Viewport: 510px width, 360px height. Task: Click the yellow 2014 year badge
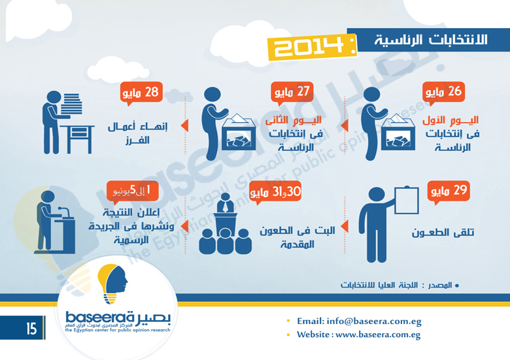coord(312,48)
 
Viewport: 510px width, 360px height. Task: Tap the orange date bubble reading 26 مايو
coord(443,93)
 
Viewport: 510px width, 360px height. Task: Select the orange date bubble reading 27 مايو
coord(292,93)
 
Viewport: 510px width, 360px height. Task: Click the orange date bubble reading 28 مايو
coord(141,93)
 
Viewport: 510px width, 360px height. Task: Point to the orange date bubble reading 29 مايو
coord(448,191)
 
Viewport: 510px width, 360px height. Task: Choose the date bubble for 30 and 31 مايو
coord(275,191)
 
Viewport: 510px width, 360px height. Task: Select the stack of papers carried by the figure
coord(71,104)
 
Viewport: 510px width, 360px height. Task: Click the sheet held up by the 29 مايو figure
coord(407,200)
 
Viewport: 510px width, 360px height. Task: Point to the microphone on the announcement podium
coord(64,212)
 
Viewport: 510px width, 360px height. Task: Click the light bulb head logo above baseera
coord(112,284)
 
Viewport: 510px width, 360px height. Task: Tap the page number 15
coord(31,329)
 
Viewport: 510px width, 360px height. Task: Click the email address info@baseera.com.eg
coord(374,321)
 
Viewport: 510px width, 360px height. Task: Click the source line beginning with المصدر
coord(399,286)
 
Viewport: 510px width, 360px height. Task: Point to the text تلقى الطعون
coord(443,233)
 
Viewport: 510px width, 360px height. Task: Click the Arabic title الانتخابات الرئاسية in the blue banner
coord(431,40)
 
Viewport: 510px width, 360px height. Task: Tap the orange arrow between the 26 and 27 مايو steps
coord(345,125)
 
